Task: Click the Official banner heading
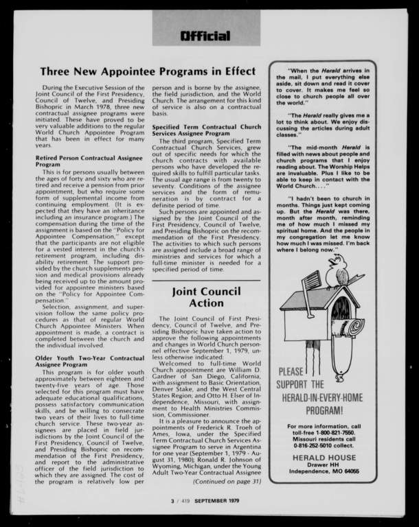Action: pos(205,36)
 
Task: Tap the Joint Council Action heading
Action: pos(206,297)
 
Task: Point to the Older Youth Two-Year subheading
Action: pos(90,361)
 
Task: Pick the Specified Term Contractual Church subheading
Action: pos(206,130)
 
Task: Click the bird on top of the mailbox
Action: pos(337,270)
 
